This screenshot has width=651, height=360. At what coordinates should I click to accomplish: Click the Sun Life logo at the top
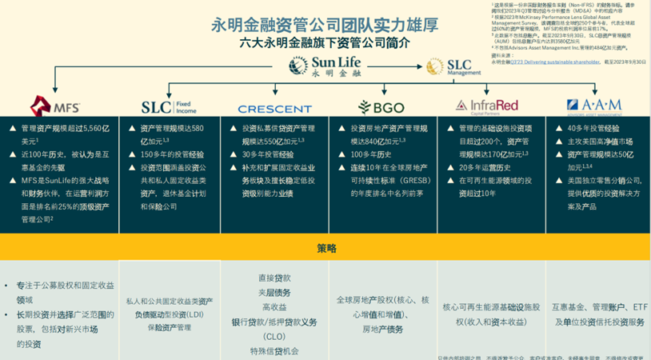coord(326,66)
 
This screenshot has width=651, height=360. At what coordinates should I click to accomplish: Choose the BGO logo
coord(376,107)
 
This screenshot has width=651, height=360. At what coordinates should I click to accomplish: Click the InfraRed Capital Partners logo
coord(485,106)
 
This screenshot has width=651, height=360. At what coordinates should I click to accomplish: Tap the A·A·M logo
coord(594,106)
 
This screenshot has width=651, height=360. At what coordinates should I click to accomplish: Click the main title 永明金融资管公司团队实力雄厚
coord(325,24)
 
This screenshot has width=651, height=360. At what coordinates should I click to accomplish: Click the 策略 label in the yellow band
coord(325,247)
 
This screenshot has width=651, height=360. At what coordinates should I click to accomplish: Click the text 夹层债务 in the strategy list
coord(274,292)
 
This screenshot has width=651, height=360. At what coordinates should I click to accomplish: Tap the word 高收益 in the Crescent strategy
coord(274,307)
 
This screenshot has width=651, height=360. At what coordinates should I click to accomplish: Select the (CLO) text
coord(274,336)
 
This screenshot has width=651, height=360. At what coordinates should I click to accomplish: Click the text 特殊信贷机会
coord(274,351)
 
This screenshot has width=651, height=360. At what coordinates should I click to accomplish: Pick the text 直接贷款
coord(274,278)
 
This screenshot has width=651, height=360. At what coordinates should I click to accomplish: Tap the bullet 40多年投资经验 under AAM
coord(592,127)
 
